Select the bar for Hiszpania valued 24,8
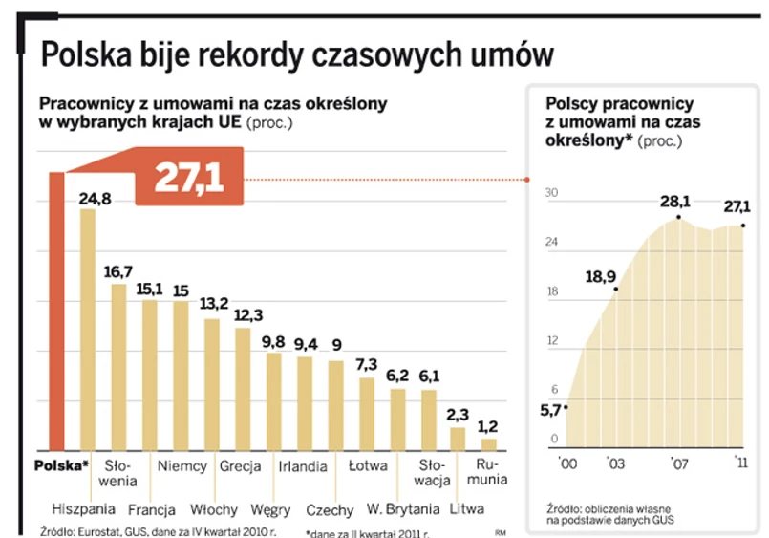pos(88,330)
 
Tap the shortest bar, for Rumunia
pos(488,444)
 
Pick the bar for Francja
pos(150,375)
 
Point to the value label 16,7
pos(118,271)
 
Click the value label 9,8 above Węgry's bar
pos(273,341)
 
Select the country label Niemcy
pos(181,467)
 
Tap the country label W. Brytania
pos(403,508)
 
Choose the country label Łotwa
pos(367,467)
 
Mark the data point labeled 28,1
pos(679,218)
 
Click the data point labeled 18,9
pos(617,289)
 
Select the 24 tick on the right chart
pos(551,243)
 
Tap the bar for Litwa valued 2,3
pos(458,439)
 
